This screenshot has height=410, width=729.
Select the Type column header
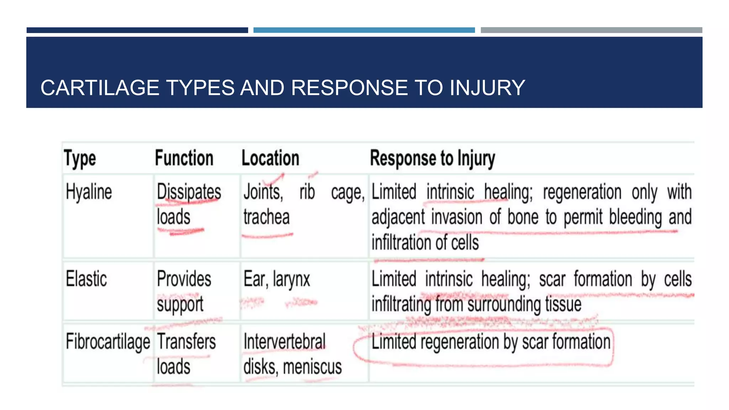pos(80,158)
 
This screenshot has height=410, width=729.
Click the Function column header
pos(184,158)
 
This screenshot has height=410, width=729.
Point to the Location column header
pos(270,158)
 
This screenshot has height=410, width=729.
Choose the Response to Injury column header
pos(432,158)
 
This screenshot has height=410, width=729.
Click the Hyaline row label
pos(89,192)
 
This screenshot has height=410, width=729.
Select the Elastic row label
pos(86,279)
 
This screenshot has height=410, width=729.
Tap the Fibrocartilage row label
pos(108,342)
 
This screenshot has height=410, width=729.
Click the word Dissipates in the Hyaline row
pos(189,192)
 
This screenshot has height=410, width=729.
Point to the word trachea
pos(266,217)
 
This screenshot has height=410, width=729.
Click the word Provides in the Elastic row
pos(184,279)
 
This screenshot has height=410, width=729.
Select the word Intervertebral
pos(284,342)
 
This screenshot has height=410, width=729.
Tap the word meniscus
pos(312,367)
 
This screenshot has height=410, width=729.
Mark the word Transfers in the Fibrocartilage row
pos(186,342)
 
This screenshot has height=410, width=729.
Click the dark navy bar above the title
pos(137,30)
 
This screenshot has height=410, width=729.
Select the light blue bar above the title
pos(364,30)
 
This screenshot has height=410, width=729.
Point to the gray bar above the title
pos(591,30)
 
